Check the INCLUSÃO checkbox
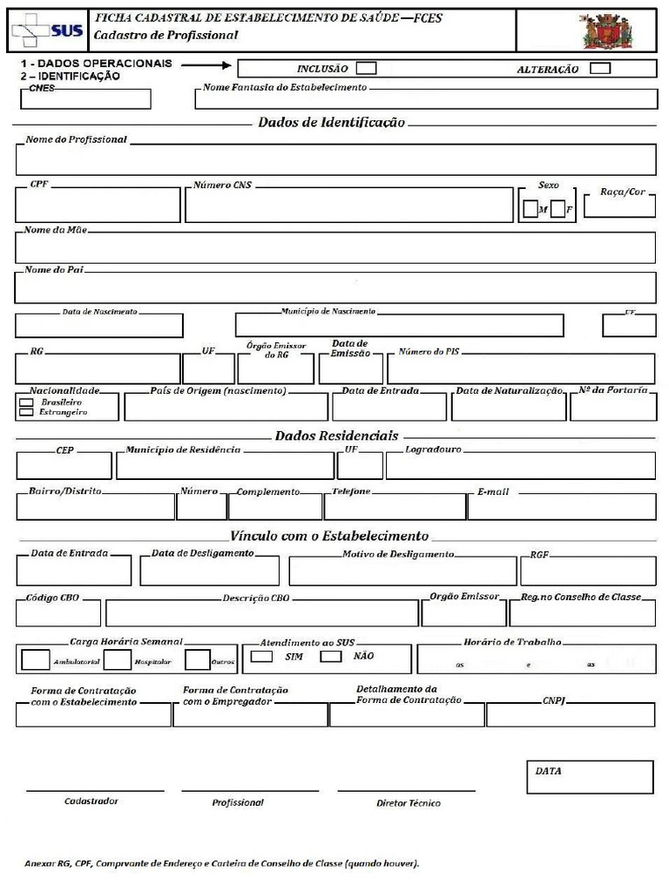(x=368, y=68)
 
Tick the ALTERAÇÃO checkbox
(x=600, y=68)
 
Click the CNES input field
(x=84, y=99)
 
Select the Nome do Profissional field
(x=335, y=160)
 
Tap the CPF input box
(x=98, y=206)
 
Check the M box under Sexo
(x=530, y=209)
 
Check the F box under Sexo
(x=557, y=209)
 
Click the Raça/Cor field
(x=618, y=206)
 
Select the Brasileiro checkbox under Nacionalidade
(x=26, y=403)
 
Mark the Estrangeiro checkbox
(x=26, y=413)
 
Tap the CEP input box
(x=64, y=466)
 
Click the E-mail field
(x=562, y=507)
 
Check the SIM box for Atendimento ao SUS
(x=261, y=657)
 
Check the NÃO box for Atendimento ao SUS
(x=330, y=657)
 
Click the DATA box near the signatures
(x=590, y=777)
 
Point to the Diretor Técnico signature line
(x=407, y=791)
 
